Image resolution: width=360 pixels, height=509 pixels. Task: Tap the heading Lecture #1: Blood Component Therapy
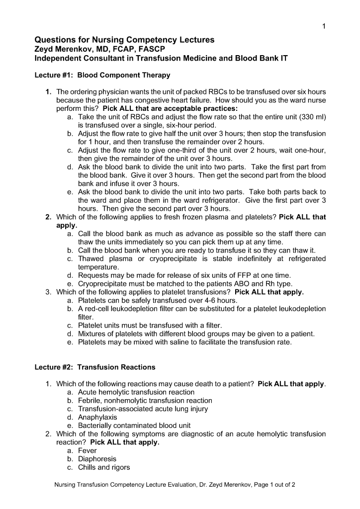coord(102,75)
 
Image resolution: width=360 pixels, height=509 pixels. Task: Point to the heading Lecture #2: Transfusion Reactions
coord(94,367)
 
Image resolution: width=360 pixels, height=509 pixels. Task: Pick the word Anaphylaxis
coord(97,418)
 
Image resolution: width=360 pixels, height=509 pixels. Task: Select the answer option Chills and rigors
coord(104,467)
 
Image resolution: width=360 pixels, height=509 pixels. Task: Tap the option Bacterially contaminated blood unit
coord(134,425)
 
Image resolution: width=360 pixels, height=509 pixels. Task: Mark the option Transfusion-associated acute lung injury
coord(143,409)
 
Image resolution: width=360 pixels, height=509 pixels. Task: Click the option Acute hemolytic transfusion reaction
coord(136,392)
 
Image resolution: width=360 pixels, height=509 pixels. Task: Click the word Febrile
coord(90,401)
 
